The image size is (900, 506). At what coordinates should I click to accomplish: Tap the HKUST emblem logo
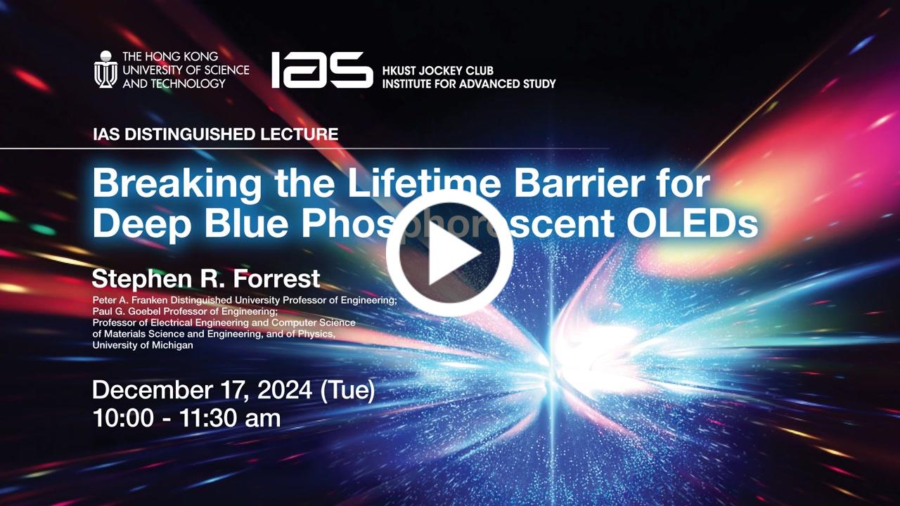105,70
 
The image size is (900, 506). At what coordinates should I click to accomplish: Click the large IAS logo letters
322,70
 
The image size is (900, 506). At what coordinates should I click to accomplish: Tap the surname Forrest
277,279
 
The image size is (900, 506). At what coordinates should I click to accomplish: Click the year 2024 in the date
285,389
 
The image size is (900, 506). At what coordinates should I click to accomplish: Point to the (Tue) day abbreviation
347,390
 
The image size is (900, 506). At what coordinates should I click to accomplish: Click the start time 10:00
123,418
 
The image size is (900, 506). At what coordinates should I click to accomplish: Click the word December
153,389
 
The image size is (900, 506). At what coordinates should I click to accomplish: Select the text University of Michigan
143,345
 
